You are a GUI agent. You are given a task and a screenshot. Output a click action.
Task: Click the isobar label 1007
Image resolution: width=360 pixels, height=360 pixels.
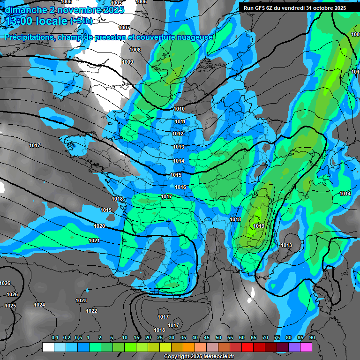[124, 28]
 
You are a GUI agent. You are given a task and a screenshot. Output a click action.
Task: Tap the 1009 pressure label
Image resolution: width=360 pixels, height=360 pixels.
[127, 62]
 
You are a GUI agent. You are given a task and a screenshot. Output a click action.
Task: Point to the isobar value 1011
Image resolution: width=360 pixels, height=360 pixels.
[180, 122]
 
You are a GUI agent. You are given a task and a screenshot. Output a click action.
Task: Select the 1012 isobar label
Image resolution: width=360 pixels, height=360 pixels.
[178, 134]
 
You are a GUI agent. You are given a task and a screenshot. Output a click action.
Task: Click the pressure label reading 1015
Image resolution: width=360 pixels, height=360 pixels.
[176, 175]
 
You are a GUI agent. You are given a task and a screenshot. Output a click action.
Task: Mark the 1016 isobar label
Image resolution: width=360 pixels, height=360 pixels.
[180, 187]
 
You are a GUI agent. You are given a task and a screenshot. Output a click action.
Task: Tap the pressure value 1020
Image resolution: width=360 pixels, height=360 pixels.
[99, 226]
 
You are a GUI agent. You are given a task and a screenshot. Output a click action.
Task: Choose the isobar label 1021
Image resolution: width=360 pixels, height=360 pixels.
[94, 241]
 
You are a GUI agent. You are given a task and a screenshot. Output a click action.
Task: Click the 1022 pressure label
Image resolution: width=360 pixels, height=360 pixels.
[91, 311]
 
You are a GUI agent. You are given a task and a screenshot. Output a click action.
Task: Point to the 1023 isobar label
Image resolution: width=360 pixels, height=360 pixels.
[81, 301]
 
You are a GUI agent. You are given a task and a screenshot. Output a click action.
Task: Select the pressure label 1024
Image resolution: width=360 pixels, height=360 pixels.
[39, 305]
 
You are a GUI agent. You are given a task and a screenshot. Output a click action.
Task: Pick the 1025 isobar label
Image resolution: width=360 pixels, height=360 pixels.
[10, 306]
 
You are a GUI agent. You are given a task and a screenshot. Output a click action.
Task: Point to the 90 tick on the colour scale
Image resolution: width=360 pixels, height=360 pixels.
[312, 338]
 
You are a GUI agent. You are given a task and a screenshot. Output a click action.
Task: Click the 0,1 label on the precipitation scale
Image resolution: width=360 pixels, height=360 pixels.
[55, 338]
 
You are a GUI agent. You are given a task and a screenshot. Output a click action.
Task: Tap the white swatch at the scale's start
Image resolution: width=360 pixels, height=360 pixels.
[48, 347]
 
